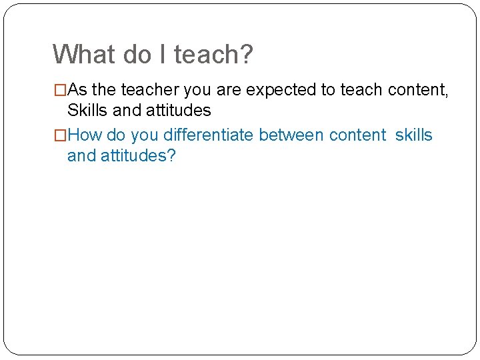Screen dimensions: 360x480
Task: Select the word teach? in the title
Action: coord(213,54)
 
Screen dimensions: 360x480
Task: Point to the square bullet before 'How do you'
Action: coord(60,135)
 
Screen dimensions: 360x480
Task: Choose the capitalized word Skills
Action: coord(89,110)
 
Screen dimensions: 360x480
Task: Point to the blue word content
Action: coord(357,135)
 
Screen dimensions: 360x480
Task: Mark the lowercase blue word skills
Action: coord(413,135)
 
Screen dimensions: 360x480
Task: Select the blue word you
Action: coord(145,135)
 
